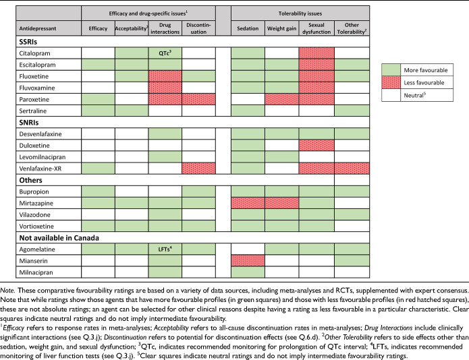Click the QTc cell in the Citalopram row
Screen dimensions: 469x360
click(165, 53)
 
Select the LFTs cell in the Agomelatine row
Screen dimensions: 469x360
click(165, 249)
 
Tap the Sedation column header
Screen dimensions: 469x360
click(248, 28)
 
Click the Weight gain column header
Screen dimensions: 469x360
click(282, 28)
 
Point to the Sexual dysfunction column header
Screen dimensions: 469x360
click(316, 28)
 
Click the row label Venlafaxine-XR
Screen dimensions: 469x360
click(40, 169)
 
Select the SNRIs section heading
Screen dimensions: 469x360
click(29, 123)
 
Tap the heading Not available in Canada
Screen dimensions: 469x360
click(59, 238)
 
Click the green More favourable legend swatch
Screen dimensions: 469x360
click(391, 70)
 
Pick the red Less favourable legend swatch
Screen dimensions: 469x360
click(391, 82)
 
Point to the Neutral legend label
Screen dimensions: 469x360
click(415, 95)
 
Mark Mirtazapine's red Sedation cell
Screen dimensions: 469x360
click(248, 203)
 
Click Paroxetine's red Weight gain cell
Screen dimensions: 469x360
click(282, 100)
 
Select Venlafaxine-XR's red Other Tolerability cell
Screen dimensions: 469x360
click(352, 169)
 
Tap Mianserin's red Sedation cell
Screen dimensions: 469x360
click(248, 261)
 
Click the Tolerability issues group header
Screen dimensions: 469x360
click(300, 13)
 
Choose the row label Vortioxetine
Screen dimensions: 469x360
click(36, 226)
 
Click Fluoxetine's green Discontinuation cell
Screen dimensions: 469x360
click(198, 76)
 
